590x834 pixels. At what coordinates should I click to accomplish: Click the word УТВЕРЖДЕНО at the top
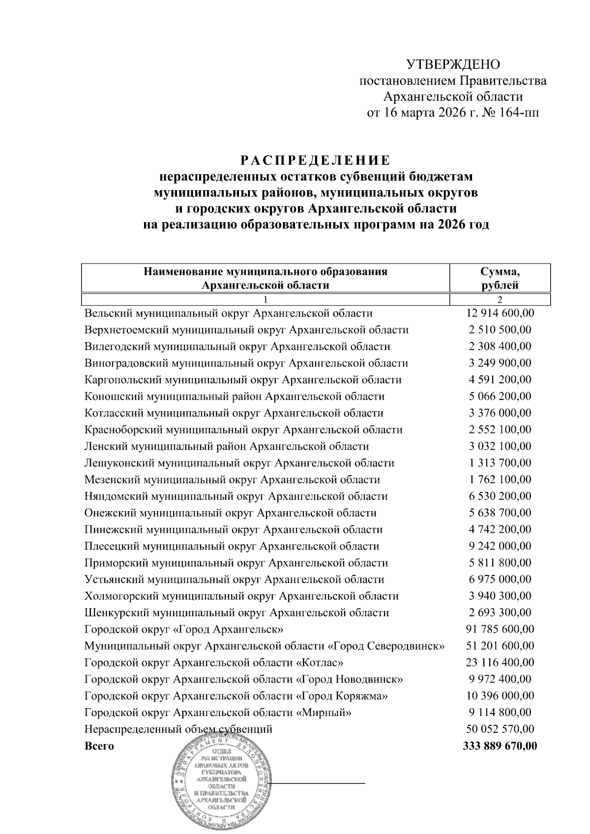point(453,65)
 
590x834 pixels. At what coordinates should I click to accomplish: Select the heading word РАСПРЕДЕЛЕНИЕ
point(316,161)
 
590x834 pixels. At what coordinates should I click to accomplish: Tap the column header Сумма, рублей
point(500,278)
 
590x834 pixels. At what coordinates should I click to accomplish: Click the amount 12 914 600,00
point(500,314)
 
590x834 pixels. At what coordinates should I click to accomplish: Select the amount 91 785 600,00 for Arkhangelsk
point(500,629)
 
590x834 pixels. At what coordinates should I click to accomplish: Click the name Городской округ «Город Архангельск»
point(184,629)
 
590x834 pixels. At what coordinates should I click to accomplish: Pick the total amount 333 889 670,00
point(500,746)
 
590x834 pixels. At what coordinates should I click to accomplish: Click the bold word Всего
point(99,746)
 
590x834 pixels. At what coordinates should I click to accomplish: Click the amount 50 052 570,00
point(500,729)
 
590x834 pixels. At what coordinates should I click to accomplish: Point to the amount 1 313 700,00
point(500,463)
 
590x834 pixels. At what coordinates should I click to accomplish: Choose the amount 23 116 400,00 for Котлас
point(500,662)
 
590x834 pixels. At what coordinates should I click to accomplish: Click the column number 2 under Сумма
point(500,300)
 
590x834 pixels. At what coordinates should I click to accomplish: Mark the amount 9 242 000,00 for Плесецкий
point(500,546)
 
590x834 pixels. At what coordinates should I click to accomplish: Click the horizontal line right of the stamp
point(320,782)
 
